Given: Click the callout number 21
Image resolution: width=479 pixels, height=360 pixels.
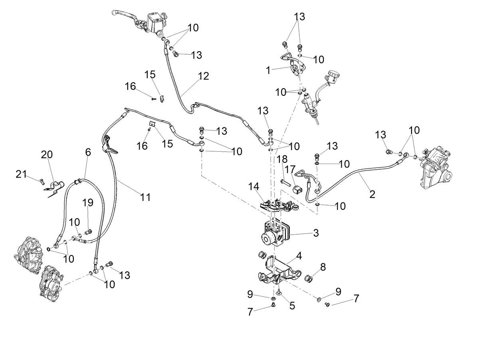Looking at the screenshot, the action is [21, 174].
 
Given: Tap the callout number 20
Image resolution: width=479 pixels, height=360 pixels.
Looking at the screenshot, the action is [47, 155].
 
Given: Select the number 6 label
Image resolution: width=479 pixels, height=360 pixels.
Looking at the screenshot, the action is [88, 152].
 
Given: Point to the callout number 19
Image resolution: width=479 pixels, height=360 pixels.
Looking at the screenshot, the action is [88, 202].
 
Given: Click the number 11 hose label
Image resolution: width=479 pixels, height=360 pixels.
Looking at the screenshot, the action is [145, 197].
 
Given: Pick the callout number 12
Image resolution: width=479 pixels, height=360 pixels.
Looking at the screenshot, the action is [204, 76].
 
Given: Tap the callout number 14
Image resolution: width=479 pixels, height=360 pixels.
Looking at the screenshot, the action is [253, 186].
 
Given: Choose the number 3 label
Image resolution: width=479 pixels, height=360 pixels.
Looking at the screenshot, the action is [316, 233].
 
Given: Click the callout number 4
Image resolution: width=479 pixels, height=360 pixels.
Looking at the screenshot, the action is [299, 256].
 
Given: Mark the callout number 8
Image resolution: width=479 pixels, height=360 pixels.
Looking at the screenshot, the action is [323, 267].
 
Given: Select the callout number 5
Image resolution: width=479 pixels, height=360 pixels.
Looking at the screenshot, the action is [292, 306].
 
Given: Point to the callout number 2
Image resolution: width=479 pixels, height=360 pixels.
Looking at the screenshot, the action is [372, 194].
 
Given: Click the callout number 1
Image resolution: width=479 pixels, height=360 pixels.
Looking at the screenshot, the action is [268, 71].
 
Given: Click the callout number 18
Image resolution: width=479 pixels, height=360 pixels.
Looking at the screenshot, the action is [282, 160].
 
